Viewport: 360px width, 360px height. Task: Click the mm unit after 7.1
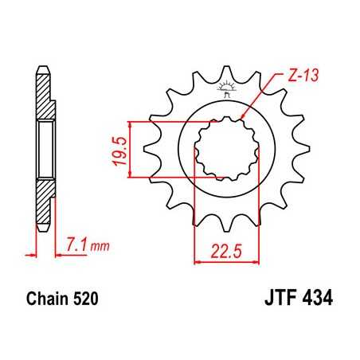98,248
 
